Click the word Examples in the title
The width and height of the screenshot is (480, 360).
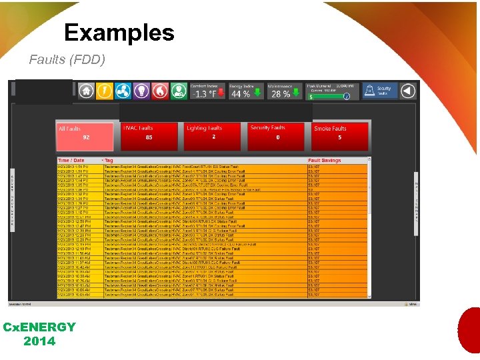119,33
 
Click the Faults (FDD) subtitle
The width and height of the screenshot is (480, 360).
67,60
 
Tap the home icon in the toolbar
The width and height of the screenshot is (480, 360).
86,91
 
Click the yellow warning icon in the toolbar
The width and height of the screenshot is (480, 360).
105,91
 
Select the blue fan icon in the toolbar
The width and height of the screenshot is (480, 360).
123,91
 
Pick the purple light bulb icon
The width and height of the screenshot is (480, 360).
141,91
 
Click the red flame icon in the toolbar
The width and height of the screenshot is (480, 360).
160,91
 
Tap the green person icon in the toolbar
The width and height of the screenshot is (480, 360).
178,91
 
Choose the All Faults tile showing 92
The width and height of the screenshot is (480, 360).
85,136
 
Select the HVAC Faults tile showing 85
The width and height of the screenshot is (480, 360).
149,136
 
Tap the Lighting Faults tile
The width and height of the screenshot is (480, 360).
213,136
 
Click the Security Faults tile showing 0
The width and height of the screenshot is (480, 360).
277,136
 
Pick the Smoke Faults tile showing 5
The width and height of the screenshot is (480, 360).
339,136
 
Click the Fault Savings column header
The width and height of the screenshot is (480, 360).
325,161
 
